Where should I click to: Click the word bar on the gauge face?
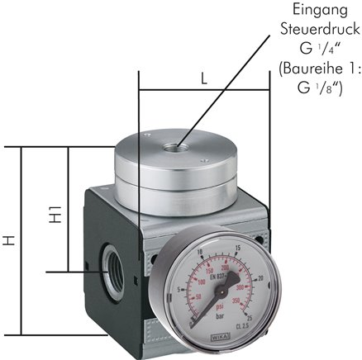(219, 319)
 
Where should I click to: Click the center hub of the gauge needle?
(221, 287)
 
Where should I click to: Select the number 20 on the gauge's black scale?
(262, 278)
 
